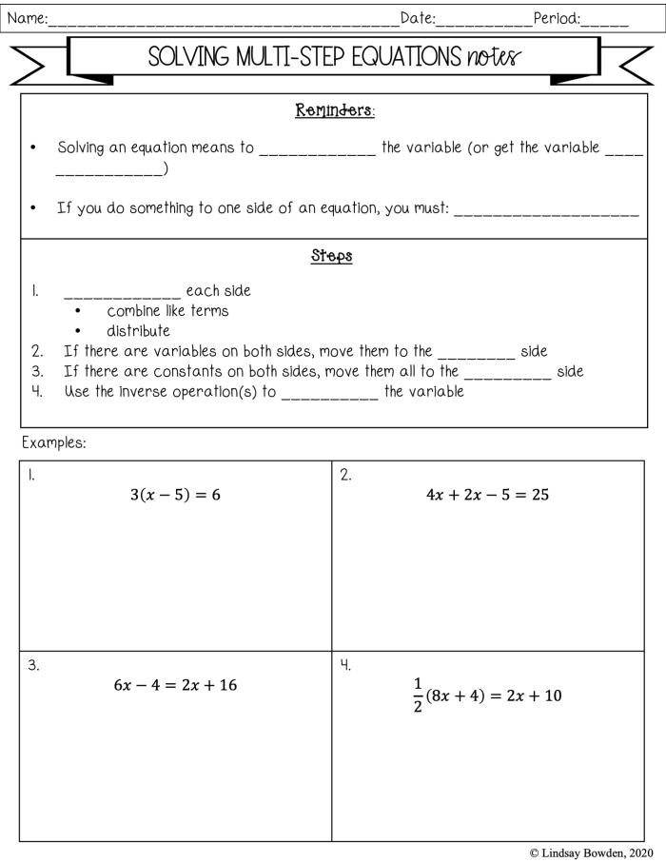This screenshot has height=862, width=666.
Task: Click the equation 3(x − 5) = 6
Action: tap(175, 493)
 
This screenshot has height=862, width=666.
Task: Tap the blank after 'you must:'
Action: tap(546, 214)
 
